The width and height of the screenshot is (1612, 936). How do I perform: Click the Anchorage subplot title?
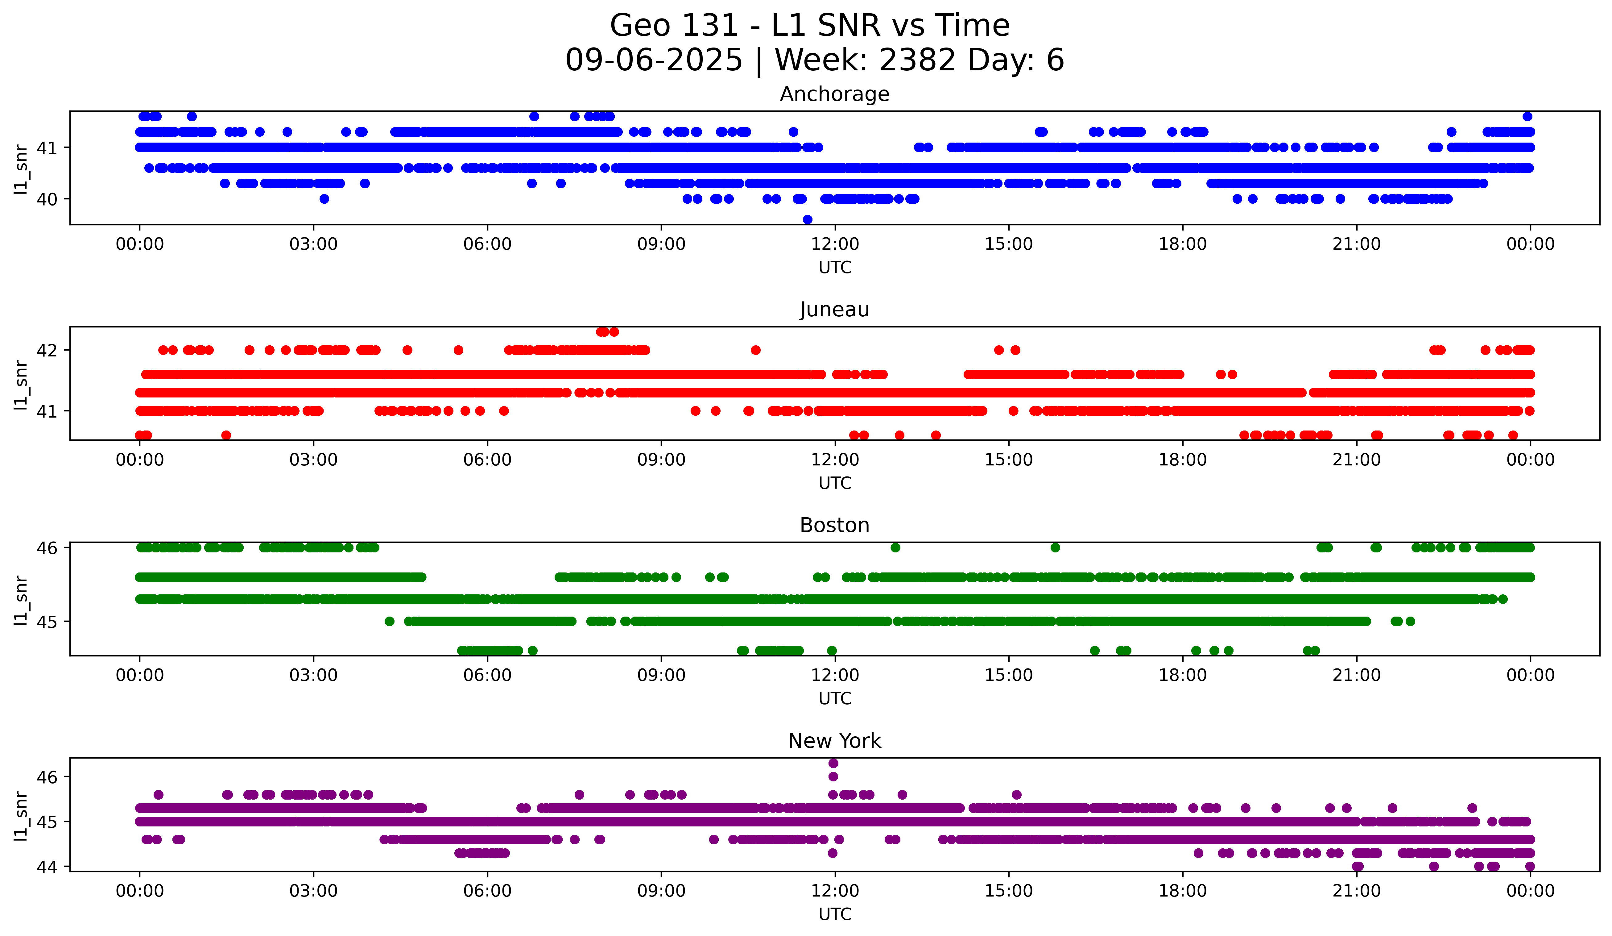point(834,94)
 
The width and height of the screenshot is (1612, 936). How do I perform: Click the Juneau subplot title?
point(834,310)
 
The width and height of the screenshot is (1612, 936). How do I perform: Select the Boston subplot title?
point(834,525)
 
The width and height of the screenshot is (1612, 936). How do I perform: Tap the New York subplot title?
point(834,741)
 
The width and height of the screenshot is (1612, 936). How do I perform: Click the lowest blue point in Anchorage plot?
point(807,219)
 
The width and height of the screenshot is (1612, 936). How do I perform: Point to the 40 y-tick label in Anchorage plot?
point(47,199)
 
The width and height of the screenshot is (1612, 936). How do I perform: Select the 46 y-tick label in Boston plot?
point(47,548)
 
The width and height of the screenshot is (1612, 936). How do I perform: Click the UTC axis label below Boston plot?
point(835,699)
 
